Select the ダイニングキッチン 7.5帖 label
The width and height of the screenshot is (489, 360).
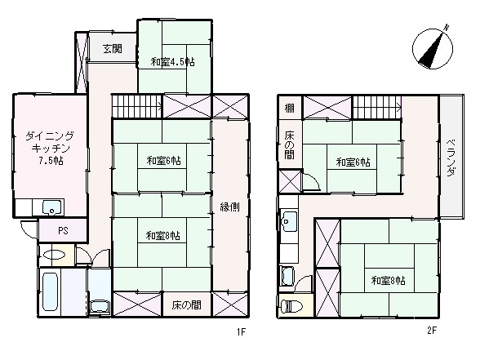pos(50,149)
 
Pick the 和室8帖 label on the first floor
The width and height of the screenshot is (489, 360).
pos(162,236)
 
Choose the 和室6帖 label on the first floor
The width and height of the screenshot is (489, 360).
pos(162,159)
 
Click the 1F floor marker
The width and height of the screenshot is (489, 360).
pos(242,332)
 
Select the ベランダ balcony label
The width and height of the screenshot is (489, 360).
pos(451,158)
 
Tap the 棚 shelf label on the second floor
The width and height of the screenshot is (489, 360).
pos(290,109)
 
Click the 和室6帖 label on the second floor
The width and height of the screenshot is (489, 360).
pos(353,162)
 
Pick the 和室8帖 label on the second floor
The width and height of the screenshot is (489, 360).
pos(387,281)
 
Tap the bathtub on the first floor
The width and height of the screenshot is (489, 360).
pos(51,293)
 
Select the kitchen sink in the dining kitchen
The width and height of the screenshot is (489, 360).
pos(52,207)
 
